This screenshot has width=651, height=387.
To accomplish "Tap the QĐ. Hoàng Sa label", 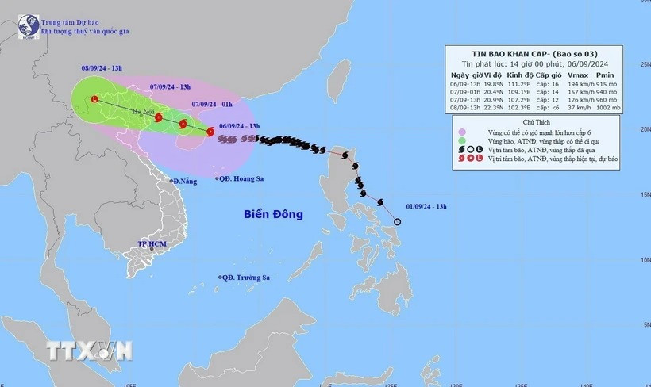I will click(x=242, y=179).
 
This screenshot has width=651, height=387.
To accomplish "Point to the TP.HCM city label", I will click(x=152, y=244).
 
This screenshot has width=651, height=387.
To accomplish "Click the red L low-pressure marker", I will click(x=94, y=100).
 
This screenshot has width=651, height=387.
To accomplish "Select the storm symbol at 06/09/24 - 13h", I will click(x=210, y=132).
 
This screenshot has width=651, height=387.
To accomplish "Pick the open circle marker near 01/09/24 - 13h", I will click(x=397, y=222).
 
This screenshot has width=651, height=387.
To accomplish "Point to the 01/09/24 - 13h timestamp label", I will click(x=426, y=207).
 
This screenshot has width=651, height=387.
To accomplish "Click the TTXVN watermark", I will click(x=89, y=350).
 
